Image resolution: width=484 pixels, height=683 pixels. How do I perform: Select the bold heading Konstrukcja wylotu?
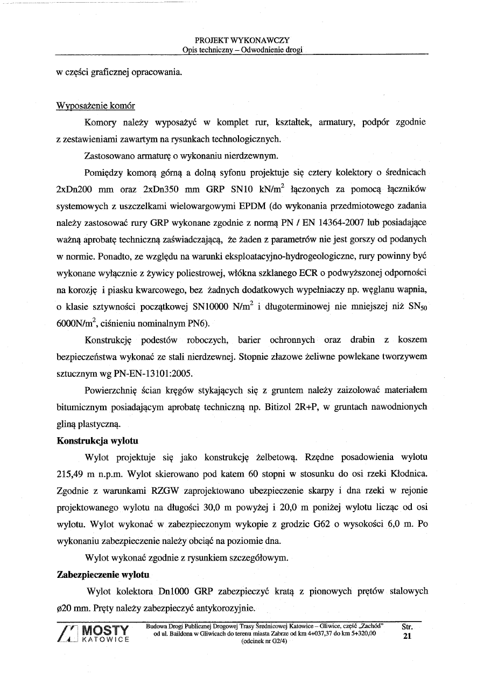(x=97, y=440)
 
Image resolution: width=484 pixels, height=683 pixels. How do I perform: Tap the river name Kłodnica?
(x=407, y=474)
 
